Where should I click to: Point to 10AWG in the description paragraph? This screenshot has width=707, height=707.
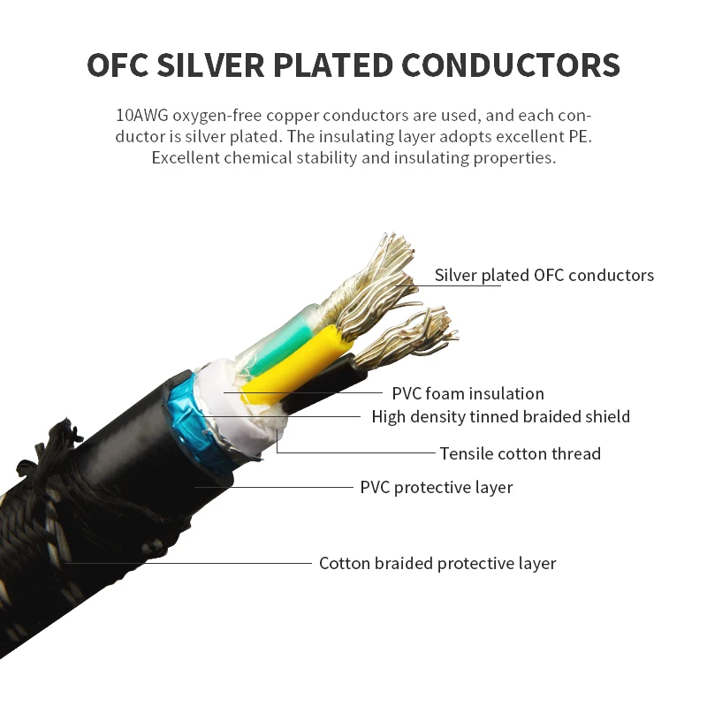click(x=141, y=116)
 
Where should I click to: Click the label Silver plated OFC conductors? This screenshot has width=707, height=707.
click(x=544, y=275)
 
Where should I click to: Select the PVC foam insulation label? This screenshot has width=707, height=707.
click(x=468, y=393)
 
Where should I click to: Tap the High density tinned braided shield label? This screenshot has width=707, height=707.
click(x=500, y=416)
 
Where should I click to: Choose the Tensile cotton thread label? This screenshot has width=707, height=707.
click(x=520, y=453)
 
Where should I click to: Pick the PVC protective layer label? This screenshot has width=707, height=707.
click(x=436, y=487)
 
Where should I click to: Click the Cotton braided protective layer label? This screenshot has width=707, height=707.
click(x=437, y=563)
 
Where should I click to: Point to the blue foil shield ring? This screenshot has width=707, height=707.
click(x=184, y=402)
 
